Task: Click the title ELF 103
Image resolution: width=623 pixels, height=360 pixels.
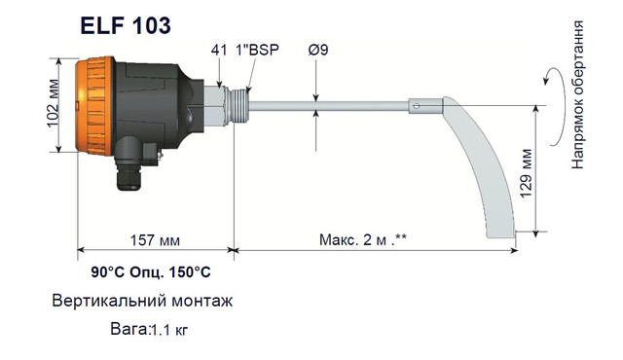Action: [126, 26]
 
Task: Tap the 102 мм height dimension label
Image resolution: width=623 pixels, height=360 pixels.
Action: [54, 103]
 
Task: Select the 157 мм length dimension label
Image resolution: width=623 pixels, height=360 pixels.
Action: [155, 240]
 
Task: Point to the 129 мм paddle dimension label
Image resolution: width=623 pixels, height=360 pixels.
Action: [526, 173]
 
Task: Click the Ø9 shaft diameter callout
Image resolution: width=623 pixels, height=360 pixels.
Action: [318, 50]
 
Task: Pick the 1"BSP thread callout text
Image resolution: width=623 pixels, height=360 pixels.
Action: [257, 50]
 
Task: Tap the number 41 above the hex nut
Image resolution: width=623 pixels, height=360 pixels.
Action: [219, 50]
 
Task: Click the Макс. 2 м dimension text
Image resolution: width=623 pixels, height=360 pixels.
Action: [363, 239]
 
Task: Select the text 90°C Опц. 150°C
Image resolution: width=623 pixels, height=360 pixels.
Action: [151, 272]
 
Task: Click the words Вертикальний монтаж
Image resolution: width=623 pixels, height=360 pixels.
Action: [142, 301]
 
